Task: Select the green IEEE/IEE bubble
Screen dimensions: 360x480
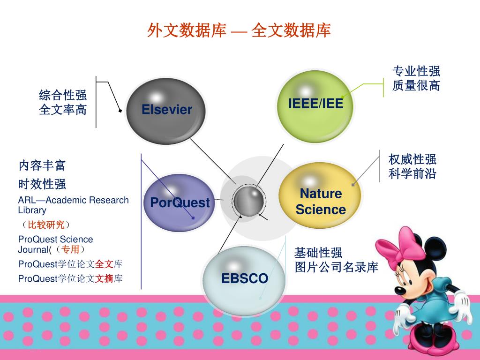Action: click(315, 104)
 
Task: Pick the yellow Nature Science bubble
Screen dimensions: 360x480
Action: click(321, 201)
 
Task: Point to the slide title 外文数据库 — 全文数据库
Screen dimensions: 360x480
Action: click(239, 30)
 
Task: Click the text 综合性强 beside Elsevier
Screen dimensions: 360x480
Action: click(63, 96)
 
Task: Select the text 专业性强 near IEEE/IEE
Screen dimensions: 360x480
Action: click(416, 71)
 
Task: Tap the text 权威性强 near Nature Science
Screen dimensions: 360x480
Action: click(412, 159)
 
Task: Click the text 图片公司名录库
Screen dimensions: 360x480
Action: click(336, 268)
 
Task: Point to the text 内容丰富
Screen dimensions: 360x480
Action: click(42, 165)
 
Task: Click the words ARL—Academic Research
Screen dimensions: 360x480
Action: click(73, 200)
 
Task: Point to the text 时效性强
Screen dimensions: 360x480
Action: click(42, 183)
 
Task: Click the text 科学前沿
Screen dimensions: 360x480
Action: click(412, 174)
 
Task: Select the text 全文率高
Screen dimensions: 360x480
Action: click(63, 110)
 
